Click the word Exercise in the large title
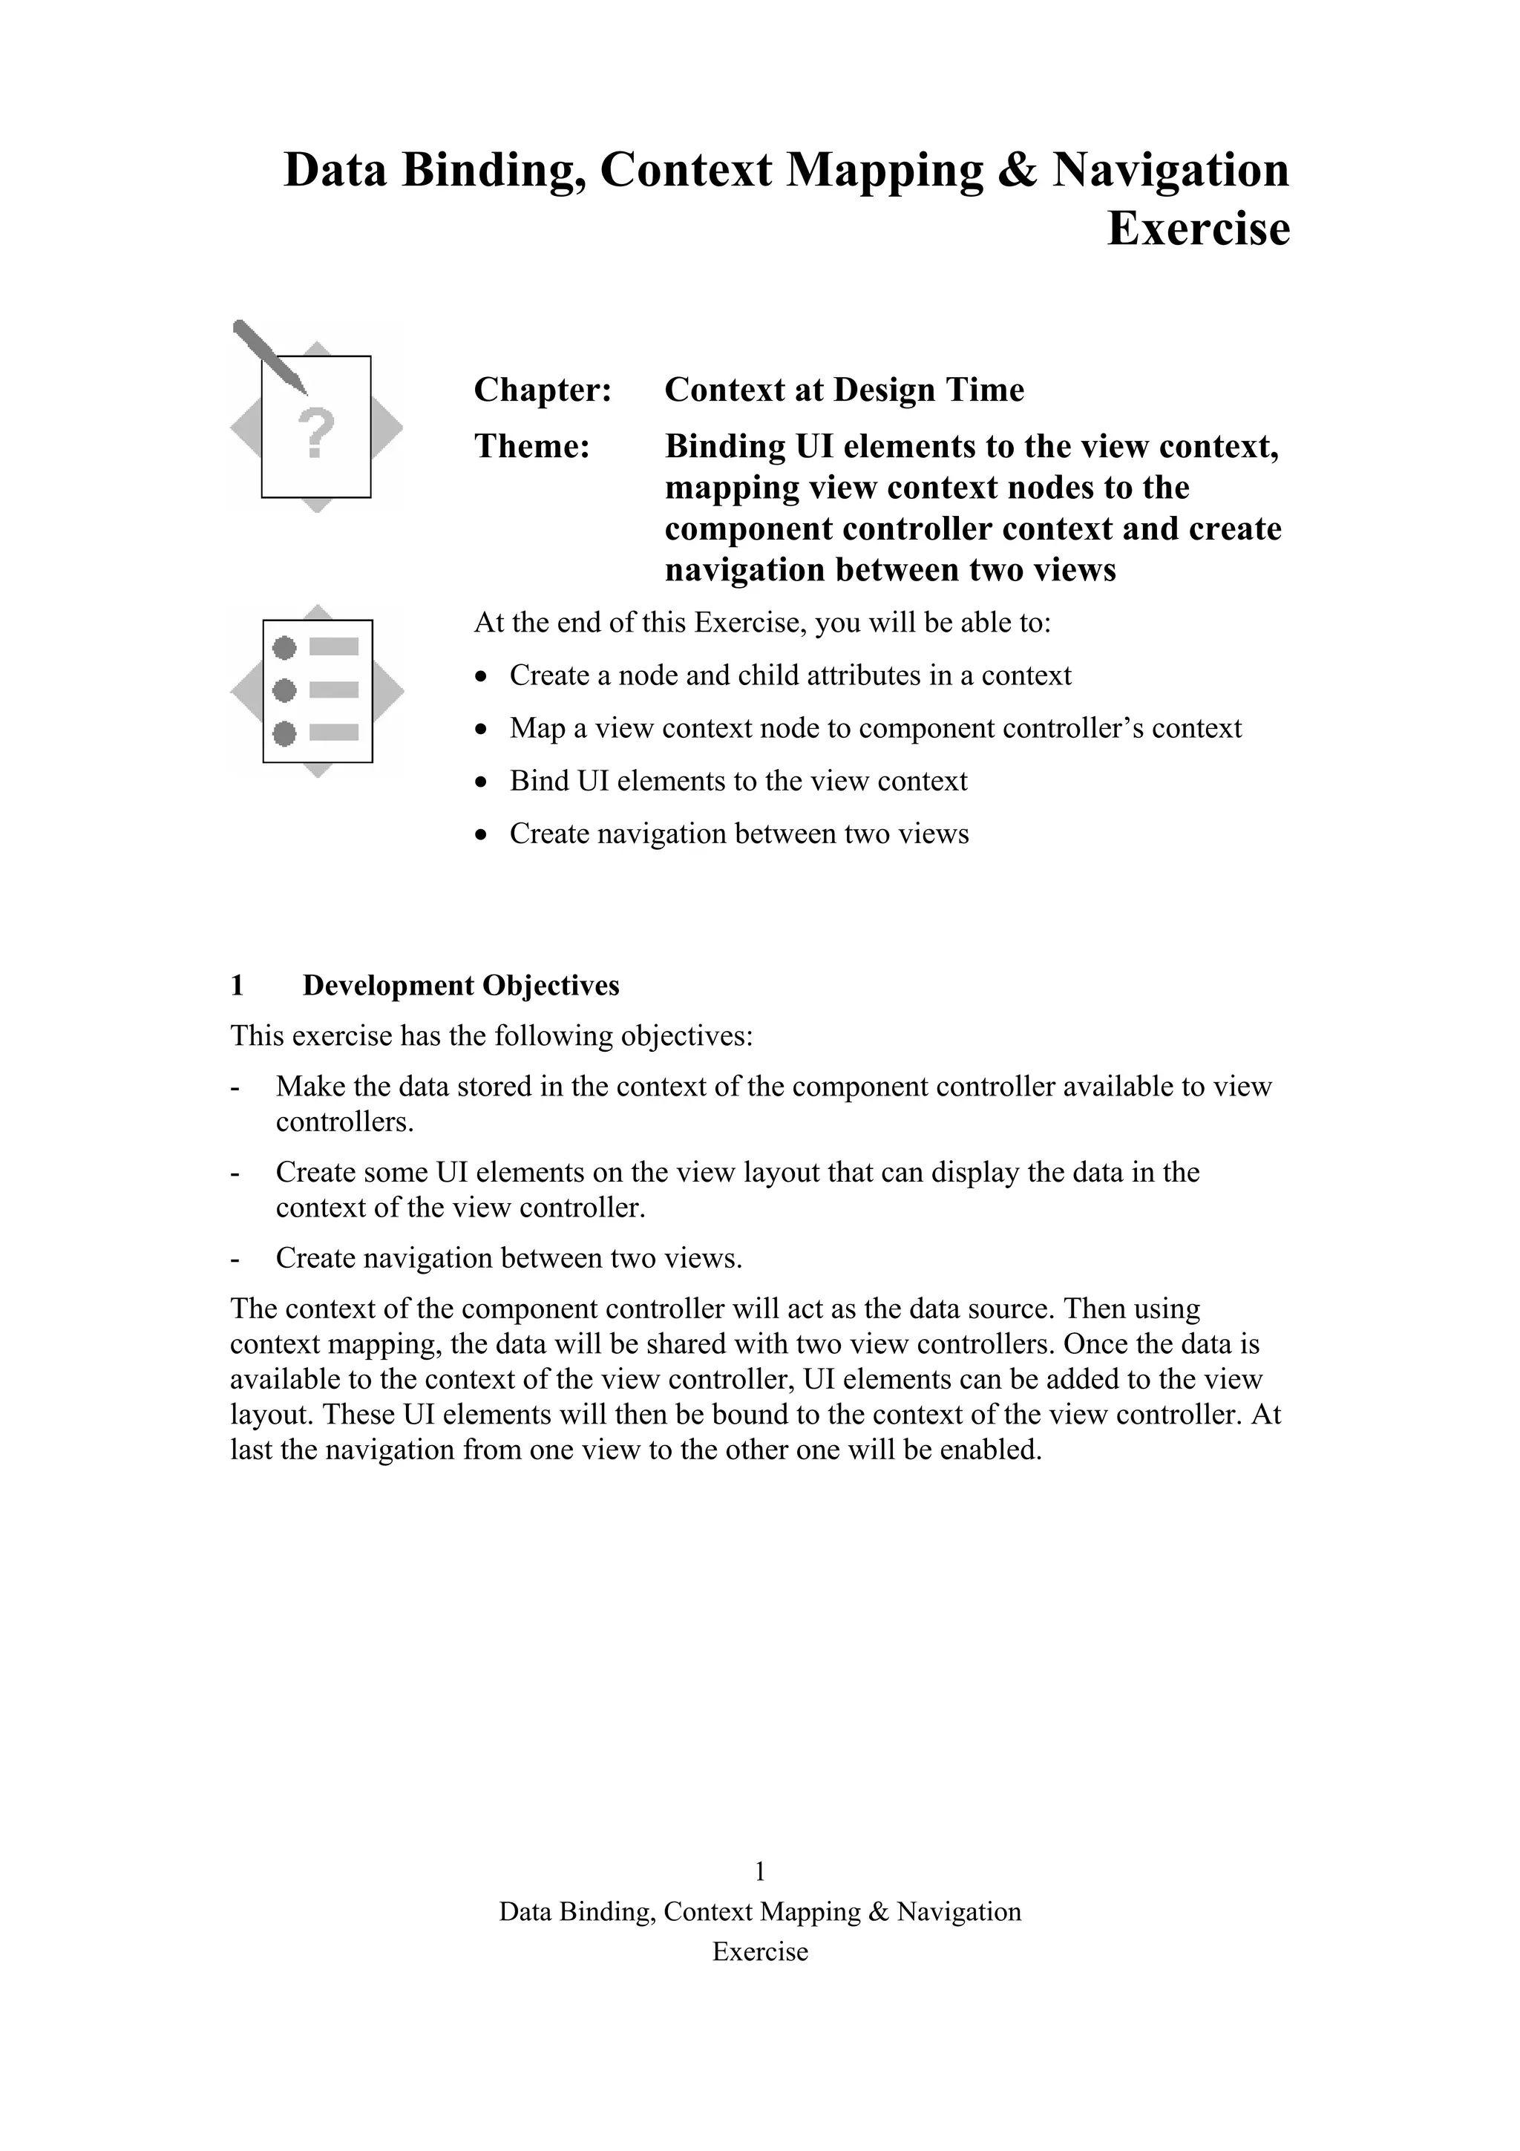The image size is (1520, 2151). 1198,229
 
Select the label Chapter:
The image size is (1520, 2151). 543,390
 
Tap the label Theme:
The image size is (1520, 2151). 532,446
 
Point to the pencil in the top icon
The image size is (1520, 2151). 269,356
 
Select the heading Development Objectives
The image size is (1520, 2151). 461,986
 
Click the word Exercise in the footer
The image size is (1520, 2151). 759,1951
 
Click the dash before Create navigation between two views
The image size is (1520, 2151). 235,1258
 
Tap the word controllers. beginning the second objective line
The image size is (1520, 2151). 344,1122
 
